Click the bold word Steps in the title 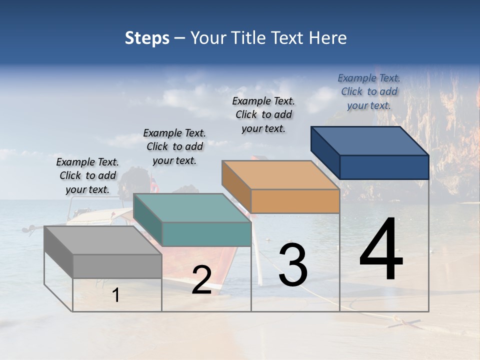click(147, 38)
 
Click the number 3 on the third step click(293, 265)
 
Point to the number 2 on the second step click(201, 280)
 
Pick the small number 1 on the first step click(116, 295)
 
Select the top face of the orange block click(280, 175)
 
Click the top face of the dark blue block click(369, 140)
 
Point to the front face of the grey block click(117, 266)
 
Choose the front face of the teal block click(206, 234)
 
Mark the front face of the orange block click(295, 201)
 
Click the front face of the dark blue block click(384, 167)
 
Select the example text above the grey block click(87, 175)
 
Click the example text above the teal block click(174, 146)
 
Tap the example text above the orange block click(263, 114)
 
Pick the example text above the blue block click(369, 91)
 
